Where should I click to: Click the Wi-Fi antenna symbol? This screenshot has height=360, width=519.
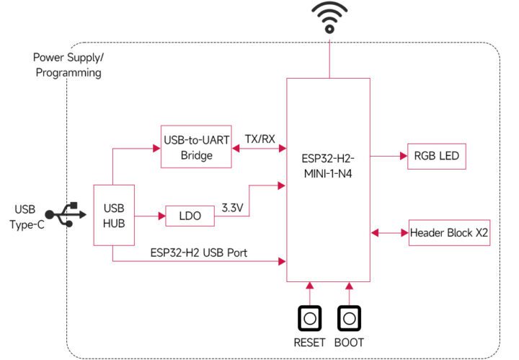[329, 17]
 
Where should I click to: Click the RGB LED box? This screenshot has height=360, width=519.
[438, 155]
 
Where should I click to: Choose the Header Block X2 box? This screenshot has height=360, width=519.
[450, 233]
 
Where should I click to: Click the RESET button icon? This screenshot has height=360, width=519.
[310, 318]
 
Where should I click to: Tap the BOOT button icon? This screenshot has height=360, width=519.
[349, 318]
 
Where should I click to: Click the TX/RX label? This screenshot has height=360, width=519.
[259, 139]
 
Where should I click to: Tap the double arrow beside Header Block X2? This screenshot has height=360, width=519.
[390, 233]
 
